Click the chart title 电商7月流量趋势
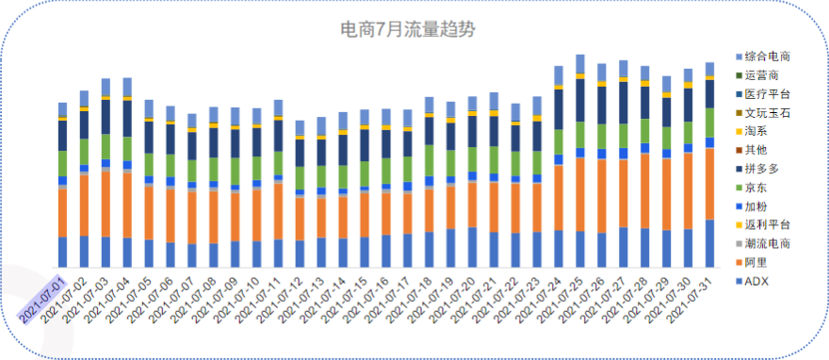click(x=407, y=29)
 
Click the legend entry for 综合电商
click(x=765, y=57)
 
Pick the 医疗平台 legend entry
click(x=765, y=94)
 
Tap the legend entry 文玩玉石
click(x=765, y=113)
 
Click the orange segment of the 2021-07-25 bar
click(x=580, y=194)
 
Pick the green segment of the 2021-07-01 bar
click(x=62, y=163)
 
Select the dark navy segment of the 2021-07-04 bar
click(x=127, y=118)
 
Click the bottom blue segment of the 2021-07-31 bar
click(x=709, y=244)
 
